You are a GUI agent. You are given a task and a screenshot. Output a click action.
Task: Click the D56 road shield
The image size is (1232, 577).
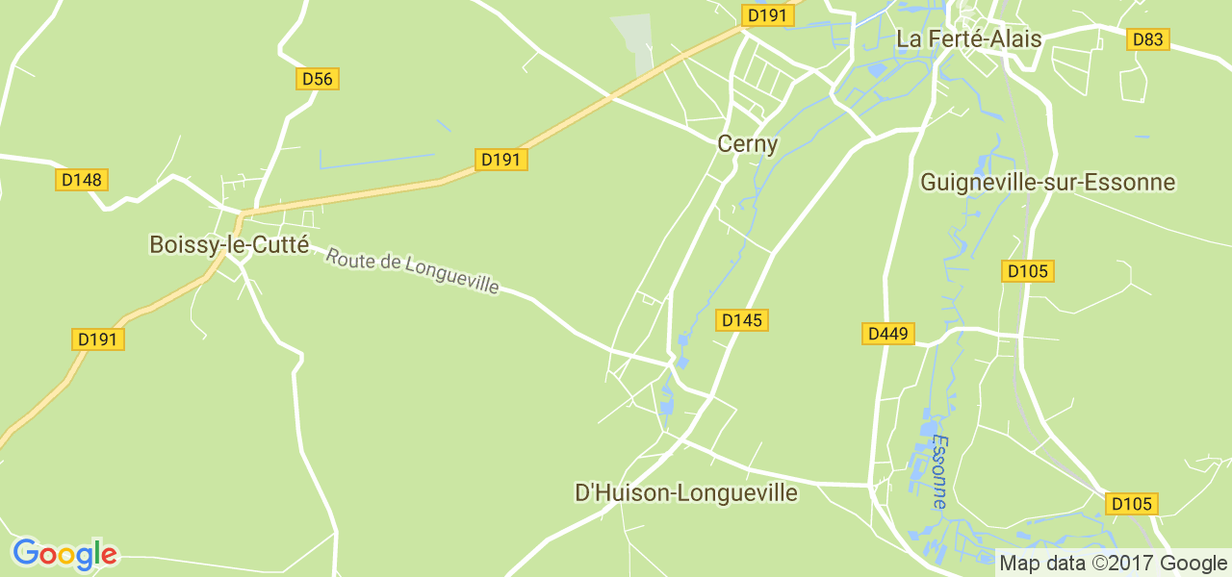click(x=317, y=79)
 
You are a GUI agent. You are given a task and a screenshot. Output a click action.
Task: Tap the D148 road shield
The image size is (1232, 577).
click(x=83, y=180)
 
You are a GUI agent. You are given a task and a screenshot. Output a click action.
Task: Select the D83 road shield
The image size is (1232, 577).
click(x=1147, y=39)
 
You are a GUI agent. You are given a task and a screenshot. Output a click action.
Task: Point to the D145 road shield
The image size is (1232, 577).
click(x=742, y=320)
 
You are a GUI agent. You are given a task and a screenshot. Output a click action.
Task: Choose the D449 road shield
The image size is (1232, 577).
click(x=887, y=334)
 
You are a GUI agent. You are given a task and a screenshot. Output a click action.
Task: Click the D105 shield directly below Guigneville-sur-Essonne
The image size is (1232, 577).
click(x=1028, y=271)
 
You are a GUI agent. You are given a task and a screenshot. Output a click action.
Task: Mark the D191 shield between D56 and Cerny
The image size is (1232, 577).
click(x=501, y=160)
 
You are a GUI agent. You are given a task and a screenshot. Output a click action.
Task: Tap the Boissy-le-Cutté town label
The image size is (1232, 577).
click(x=229, y=245)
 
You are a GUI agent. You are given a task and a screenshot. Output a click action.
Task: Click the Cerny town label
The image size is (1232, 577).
click(x=747, y=144)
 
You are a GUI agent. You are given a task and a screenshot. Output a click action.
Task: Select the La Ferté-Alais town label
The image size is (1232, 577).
click(x=968, y=39)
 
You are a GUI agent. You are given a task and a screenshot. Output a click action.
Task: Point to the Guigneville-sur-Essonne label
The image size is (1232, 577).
click(x=1047, y=182)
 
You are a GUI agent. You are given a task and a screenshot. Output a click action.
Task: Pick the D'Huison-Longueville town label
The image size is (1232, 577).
click(x=685, y=493)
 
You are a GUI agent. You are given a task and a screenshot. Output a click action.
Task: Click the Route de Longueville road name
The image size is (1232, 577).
click(x=413, y=272)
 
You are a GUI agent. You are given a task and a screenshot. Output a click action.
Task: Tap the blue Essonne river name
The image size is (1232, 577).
click(x=939, y=472)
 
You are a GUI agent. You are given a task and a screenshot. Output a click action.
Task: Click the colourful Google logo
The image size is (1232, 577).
click(x=64, y=554)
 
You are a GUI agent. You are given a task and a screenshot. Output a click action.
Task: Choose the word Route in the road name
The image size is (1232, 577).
click(x=346, y=259)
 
